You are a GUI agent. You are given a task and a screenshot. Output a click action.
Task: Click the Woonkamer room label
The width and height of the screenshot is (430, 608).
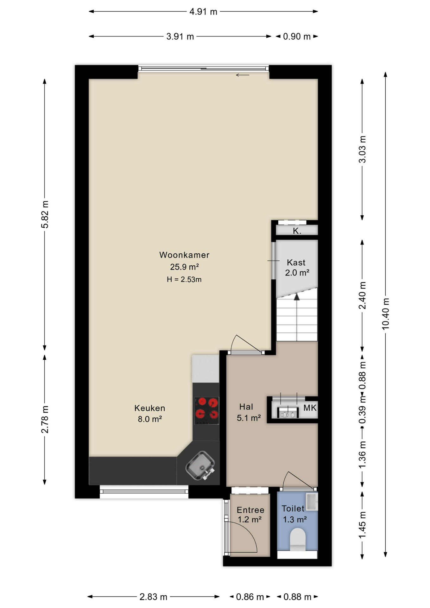[x=184, y=255]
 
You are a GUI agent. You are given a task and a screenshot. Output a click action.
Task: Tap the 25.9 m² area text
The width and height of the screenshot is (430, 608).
[x=184, y=267]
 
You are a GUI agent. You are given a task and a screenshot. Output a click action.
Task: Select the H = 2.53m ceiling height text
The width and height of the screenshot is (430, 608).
[x=184, y=279]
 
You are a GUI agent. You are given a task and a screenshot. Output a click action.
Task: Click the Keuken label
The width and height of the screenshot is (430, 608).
[x=150, y=408]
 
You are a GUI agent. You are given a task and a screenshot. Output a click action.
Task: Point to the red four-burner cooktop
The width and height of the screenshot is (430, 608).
[x=206, y=411]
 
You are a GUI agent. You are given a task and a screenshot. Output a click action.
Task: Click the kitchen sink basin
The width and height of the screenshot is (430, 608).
[x=200, y=465]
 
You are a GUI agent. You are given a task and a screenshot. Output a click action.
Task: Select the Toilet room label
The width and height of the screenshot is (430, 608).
[x=293, y=509]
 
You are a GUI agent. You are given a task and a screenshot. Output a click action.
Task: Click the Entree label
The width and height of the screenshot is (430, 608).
[x=250, y=510]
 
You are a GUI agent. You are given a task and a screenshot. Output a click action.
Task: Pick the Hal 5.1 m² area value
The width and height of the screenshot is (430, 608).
[x=249, y=418]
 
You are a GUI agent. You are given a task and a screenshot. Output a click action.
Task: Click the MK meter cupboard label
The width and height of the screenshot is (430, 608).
[x=310, y=408]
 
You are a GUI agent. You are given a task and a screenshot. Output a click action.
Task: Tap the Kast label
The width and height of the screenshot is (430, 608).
[x=296, y=263]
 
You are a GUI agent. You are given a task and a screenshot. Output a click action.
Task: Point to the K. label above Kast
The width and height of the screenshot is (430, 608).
[x=297, y=231]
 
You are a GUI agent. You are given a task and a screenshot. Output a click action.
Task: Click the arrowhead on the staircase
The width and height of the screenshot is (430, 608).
[x=297, y=297]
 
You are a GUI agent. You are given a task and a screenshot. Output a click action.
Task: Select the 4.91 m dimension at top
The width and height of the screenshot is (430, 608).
[x=203, y=12]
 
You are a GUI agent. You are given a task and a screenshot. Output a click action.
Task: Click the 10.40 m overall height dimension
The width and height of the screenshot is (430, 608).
[x=385, y=314]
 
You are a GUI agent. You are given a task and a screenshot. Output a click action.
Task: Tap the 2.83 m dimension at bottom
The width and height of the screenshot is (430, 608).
[x=153, y=597]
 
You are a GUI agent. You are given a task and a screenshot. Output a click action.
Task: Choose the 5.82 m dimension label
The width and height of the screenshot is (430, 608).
[x=45, y=214]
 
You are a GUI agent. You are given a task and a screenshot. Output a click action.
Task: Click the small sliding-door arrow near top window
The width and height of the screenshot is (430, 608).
[x=243, y=75]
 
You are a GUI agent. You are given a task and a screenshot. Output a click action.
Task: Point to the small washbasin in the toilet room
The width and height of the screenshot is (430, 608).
[x=312, y=501]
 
